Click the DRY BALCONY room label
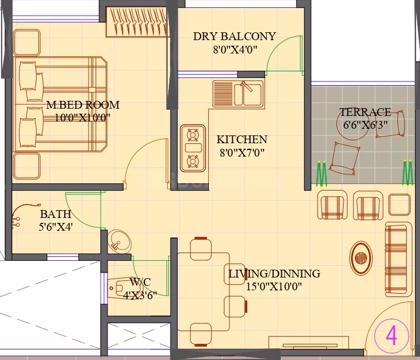(235, 36)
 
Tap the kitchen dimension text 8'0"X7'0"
(242, 153)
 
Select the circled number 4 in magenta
(392, 335)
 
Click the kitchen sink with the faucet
(238, 94)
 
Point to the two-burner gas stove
(193, 148)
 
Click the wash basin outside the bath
(119, 241)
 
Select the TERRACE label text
(365, 112)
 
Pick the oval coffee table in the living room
(361, 258)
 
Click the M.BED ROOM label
(83, 105)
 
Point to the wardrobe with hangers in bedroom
(138, 22)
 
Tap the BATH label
(56, 214)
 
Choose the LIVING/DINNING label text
(274, 274)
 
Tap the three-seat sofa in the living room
(399, 259)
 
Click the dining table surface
(203, 291)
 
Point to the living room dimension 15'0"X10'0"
(274, 286)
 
